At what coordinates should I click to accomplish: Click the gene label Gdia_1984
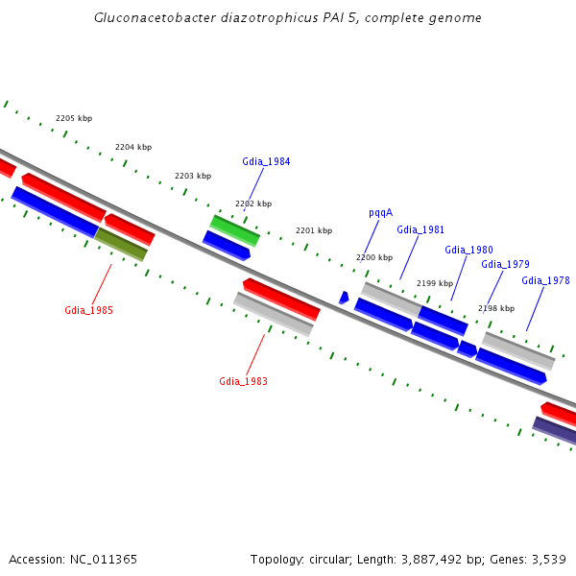(x=266, y=161)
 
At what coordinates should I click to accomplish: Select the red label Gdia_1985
(x=89, y=310)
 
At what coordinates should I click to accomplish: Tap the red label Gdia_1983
(x=243, y=381)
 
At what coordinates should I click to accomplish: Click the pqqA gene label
(x=380, y=213)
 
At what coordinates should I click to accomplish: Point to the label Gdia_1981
(x=420, y=229)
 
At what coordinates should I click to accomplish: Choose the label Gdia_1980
(x=468, y=250)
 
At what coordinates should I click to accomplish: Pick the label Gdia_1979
(x=505, y=264)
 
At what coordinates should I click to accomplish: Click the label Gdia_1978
(x=545, y=280)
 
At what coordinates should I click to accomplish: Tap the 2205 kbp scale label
(x=74, y=118)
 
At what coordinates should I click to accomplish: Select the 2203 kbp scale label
(x=193, y=176)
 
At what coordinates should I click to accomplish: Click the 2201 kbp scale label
(x=313, y=230)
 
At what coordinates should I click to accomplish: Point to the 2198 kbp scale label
(x=495, y=308)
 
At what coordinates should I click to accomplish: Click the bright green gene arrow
(x=235, y=230)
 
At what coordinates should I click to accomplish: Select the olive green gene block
(x=121, y=244)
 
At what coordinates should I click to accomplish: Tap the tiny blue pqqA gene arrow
(x=344, y=298)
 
